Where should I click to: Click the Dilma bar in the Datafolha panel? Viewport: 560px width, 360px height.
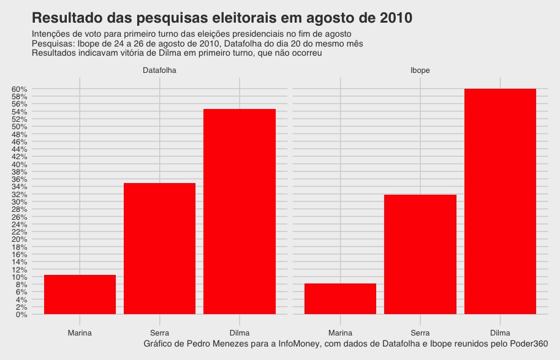point(240,211)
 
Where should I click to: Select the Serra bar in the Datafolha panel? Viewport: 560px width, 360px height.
point(159,248)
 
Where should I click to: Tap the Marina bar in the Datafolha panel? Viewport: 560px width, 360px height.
point(80,294)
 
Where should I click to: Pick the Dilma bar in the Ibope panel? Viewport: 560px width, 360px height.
point(500,201)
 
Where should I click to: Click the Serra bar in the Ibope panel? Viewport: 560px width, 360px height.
point(420,254)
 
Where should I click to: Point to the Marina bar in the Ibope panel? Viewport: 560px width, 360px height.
point(340,299)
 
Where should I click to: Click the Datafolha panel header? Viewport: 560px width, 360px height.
point(159,70)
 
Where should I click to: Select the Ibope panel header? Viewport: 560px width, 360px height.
point(420,70)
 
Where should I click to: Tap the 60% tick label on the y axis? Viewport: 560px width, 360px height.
point(20,89)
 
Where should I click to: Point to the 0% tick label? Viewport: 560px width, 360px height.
point(21,315)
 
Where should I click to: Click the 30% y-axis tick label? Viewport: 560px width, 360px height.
point(20,202)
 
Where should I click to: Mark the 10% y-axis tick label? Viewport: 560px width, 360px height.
point(20,277)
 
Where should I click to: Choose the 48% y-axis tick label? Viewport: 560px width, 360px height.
point(20,135)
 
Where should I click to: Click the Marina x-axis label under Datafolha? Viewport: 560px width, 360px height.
point(80,333)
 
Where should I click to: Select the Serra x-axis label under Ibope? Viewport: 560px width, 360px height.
point(420,333)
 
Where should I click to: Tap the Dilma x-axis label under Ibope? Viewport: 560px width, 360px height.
point(500,333)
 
